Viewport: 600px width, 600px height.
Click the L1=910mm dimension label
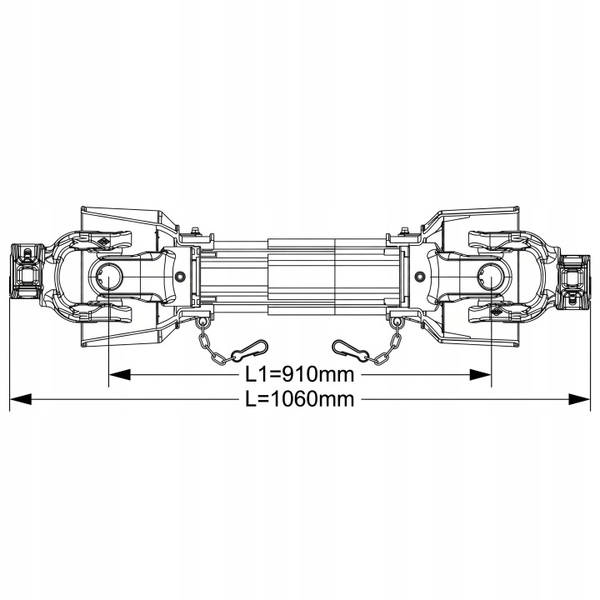[x=300, y=375]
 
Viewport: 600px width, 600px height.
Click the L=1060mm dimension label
[x=300, y=399]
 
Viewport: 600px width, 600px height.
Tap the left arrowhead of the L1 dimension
[x=119, y=375]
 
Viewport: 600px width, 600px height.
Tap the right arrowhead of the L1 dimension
[x=480, y=375]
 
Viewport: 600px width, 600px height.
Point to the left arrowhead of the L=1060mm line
[x=20, y=399]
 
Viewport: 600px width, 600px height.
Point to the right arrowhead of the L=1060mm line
[x=579, y=399]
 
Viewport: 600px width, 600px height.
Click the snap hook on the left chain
[x=250, y=350]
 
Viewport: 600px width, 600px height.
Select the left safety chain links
[x=212, y=347]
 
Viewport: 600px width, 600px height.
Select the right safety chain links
[x=387, y=347]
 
